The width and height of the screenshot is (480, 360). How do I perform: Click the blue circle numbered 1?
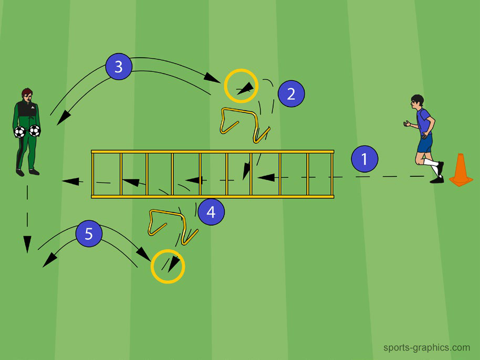coord(364,158)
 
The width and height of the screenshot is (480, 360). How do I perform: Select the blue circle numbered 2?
coord(291,93)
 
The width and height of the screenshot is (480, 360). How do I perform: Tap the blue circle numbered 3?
coord(119,66)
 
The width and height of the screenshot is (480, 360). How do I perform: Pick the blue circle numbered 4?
coord(211,211)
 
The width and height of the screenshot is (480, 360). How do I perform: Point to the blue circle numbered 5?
coord(89,234)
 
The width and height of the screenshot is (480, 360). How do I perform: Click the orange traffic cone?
coord(461,170)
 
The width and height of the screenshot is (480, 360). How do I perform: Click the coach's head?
coord(27,95)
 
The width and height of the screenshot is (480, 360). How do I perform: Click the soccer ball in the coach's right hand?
coord(20,132)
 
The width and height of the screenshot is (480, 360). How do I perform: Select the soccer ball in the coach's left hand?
coord(35,131)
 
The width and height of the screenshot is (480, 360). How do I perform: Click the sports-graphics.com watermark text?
coord(427,348)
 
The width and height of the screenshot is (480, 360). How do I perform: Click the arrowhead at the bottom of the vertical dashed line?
coord(27,244)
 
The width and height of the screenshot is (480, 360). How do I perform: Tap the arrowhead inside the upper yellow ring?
coord(247,88)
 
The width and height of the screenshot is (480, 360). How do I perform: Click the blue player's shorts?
coord(425,143)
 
